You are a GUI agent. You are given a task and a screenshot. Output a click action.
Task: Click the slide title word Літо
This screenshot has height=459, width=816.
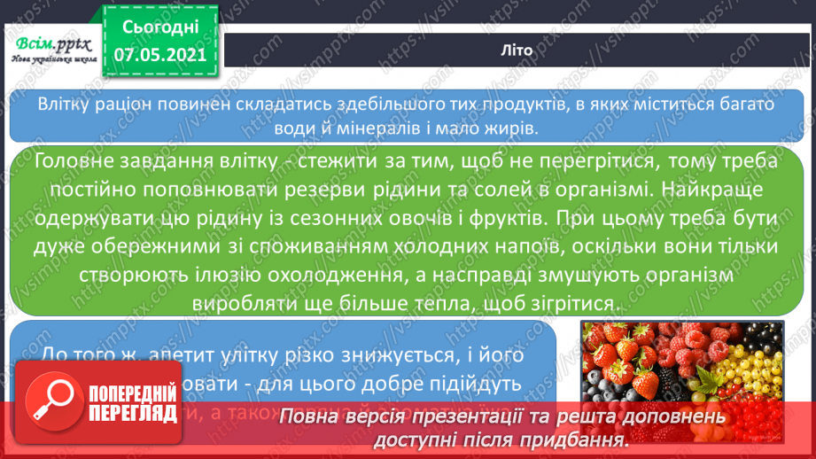[x=517, y=51]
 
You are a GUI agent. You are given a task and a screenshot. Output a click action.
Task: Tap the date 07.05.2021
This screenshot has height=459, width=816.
[x=160, y=55]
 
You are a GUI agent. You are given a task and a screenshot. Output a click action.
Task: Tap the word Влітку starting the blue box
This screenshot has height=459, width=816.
[x=64, y=104]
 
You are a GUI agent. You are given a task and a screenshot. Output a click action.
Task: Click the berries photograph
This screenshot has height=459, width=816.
[x=681, y=372]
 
